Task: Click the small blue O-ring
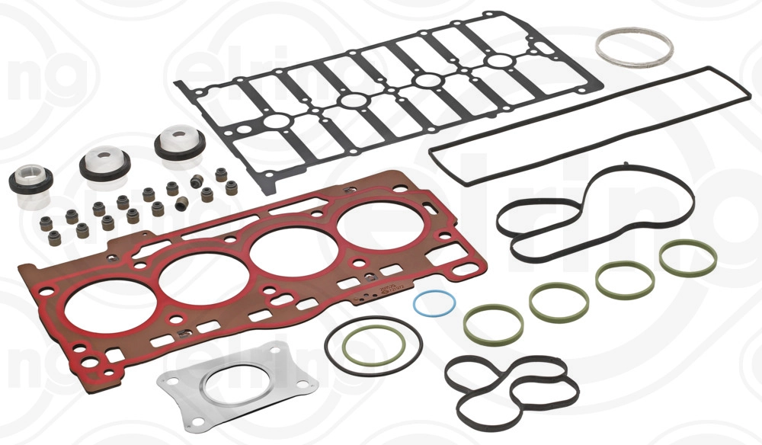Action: tap(434, 292)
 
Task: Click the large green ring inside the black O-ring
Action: tap(373, 347)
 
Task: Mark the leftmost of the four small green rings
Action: tap(493, 323)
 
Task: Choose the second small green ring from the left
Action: tap(559, 302)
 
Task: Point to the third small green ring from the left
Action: tap(624, 280)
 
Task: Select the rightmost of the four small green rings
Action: tap(687, 259)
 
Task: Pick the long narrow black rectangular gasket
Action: tap(588, 125)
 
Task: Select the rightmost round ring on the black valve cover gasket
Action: tap(500, 62)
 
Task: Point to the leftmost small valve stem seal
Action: tap(54, 237)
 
